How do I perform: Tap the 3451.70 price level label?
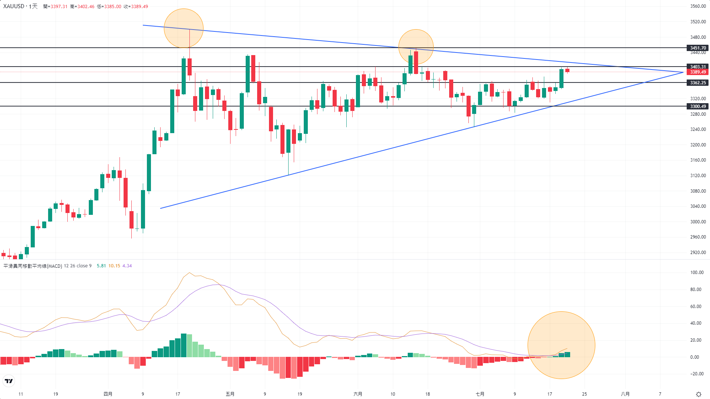[698, 48]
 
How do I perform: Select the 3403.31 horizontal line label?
[698, 67]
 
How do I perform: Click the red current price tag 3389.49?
[698, 72]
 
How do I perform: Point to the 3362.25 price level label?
[698, 83]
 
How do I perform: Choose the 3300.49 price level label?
[698, 106]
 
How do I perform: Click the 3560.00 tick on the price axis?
[698, 6]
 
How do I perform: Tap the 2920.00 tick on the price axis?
[698, 253]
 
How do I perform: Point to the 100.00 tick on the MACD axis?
[697, 273]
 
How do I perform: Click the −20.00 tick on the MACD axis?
[697, 374]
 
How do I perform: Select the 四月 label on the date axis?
[108, 394]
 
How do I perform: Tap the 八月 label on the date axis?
[625, 394]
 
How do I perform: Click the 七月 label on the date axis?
[480, 394]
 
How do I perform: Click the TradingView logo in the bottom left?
[9, 381]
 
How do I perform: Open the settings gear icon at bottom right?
[699, 394]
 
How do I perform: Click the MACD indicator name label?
[33, 266]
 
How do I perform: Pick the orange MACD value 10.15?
[114, 266]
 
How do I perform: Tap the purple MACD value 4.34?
[127, 266]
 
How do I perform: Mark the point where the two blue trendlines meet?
[683, 72]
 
